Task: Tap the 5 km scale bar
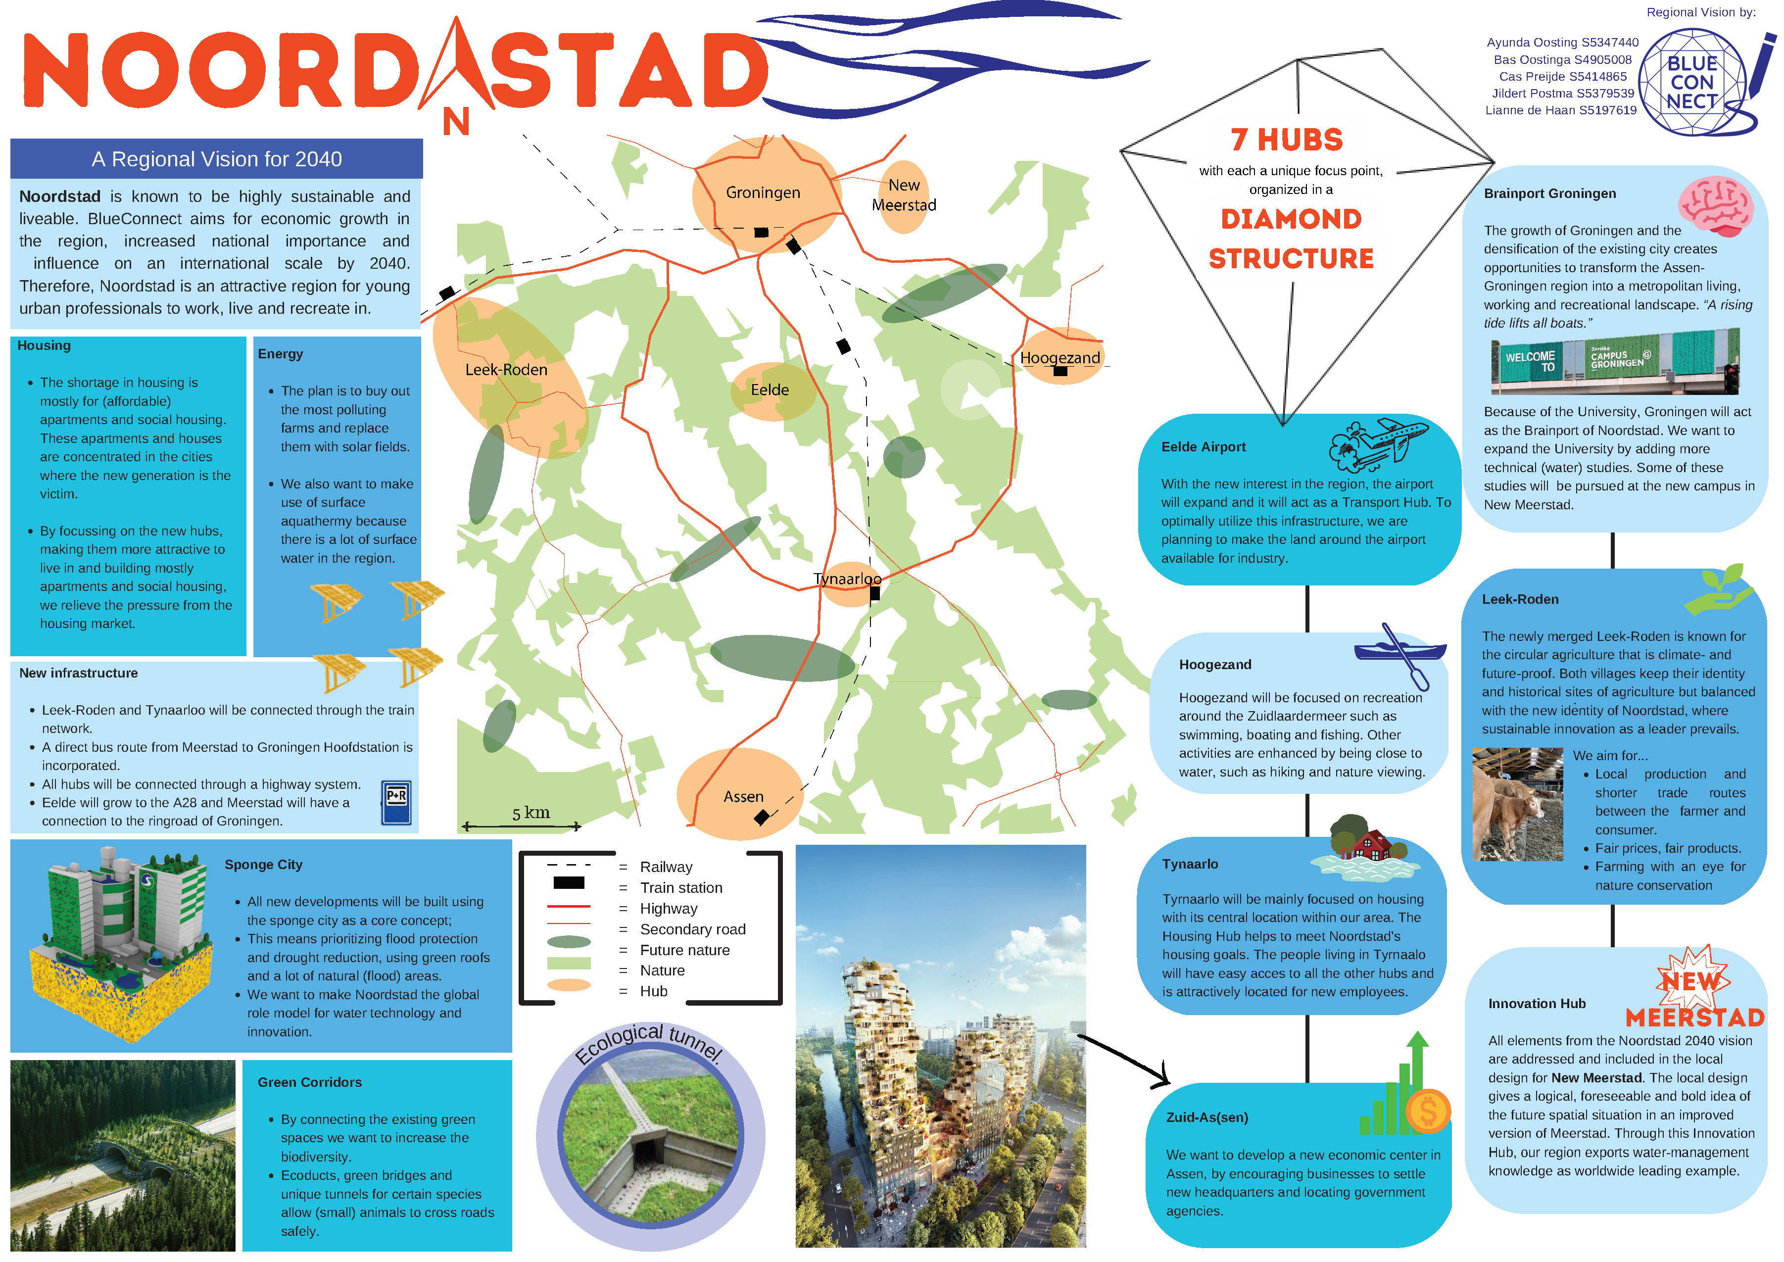pyautogui.click(x=522, y=825)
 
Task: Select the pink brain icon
pyautogui.click(x=1716, y=206)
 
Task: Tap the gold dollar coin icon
pyautogui.click(x=1427, y=1111)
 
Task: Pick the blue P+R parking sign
pyautogui.click(x=396, y=802)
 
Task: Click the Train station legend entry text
pyautogui.click(x=680, y=887)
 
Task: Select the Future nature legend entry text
pyautogui.click(x=684, y=950)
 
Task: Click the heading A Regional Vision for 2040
pyautogui.click(x=217, y=159)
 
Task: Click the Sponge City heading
pyautogui.click(x=263, y=864)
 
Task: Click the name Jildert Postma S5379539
pyautogui.click(x=1563, y=93)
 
